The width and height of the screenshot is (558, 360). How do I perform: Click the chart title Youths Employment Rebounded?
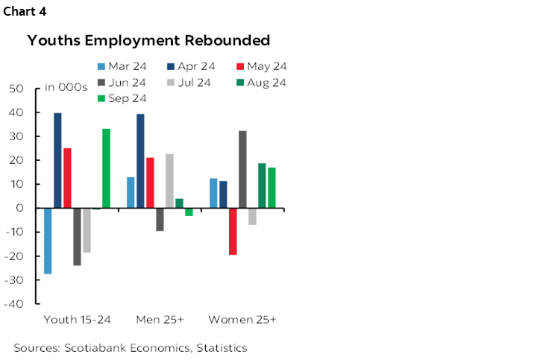click(149, 40)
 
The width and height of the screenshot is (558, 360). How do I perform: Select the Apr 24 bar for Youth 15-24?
click(57, 160)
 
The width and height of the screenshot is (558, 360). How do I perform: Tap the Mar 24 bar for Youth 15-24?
click(48, 241)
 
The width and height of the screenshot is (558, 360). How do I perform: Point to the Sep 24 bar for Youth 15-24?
click(106, 168)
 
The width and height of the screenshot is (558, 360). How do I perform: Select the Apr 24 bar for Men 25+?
click(140, 161)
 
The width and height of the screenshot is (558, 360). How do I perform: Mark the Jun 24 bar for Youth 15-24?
click(77, 236)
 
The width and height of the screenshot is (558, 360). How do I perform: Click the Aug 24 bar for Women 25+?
click(262, 186)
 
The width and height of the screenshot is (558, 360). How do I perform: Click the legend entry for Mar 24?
click(120, 66)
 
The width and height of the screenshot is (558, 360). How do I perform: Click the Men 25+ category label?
click(160, 320)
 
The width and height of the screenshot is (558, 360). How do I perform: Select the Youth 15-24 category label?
click(78, 320)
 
